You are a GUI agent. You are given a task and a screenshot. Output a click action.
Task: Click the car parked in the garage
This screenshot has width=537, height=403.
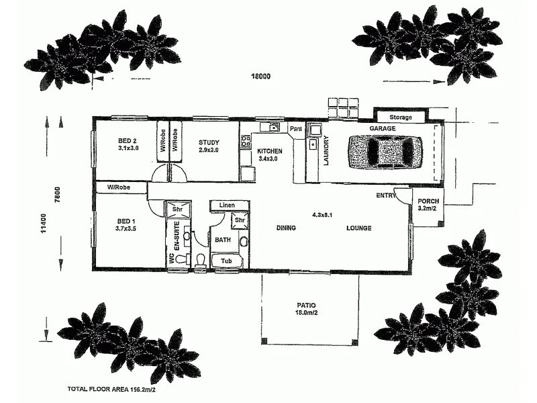point(384,152)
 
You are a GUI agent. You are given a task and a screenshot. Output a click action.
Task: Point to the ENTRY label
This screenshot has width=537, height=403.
point(385,195)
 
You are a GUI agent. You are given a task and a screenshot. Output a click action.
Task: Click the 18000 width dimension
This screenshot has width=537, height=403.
point(260,77)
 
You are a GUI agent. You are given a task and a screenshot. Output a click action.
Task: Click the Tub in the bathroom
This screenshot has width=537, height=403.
point(228,261)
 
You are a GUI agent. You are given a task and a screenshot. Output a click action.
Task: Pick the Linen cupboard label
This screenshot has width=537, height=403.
point(226,204)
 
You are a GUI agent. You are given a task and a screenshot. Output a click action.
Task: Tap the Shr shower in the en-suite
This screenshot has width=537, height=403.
point(179,209)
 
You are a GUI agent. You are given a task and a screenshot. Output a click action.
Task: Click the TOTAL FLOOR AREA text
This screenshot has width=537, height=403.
point(111,389)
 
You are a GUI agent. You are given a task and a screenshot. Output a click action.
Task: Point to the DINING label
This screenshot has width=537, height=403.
point(286,228)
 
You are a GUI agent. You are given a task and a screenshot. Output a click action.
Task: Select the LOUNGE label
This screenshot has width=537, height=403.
point(358,228)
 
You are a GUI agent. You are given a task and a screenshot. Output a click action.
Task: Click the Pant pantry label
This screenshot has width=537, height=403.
point(295,128)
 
